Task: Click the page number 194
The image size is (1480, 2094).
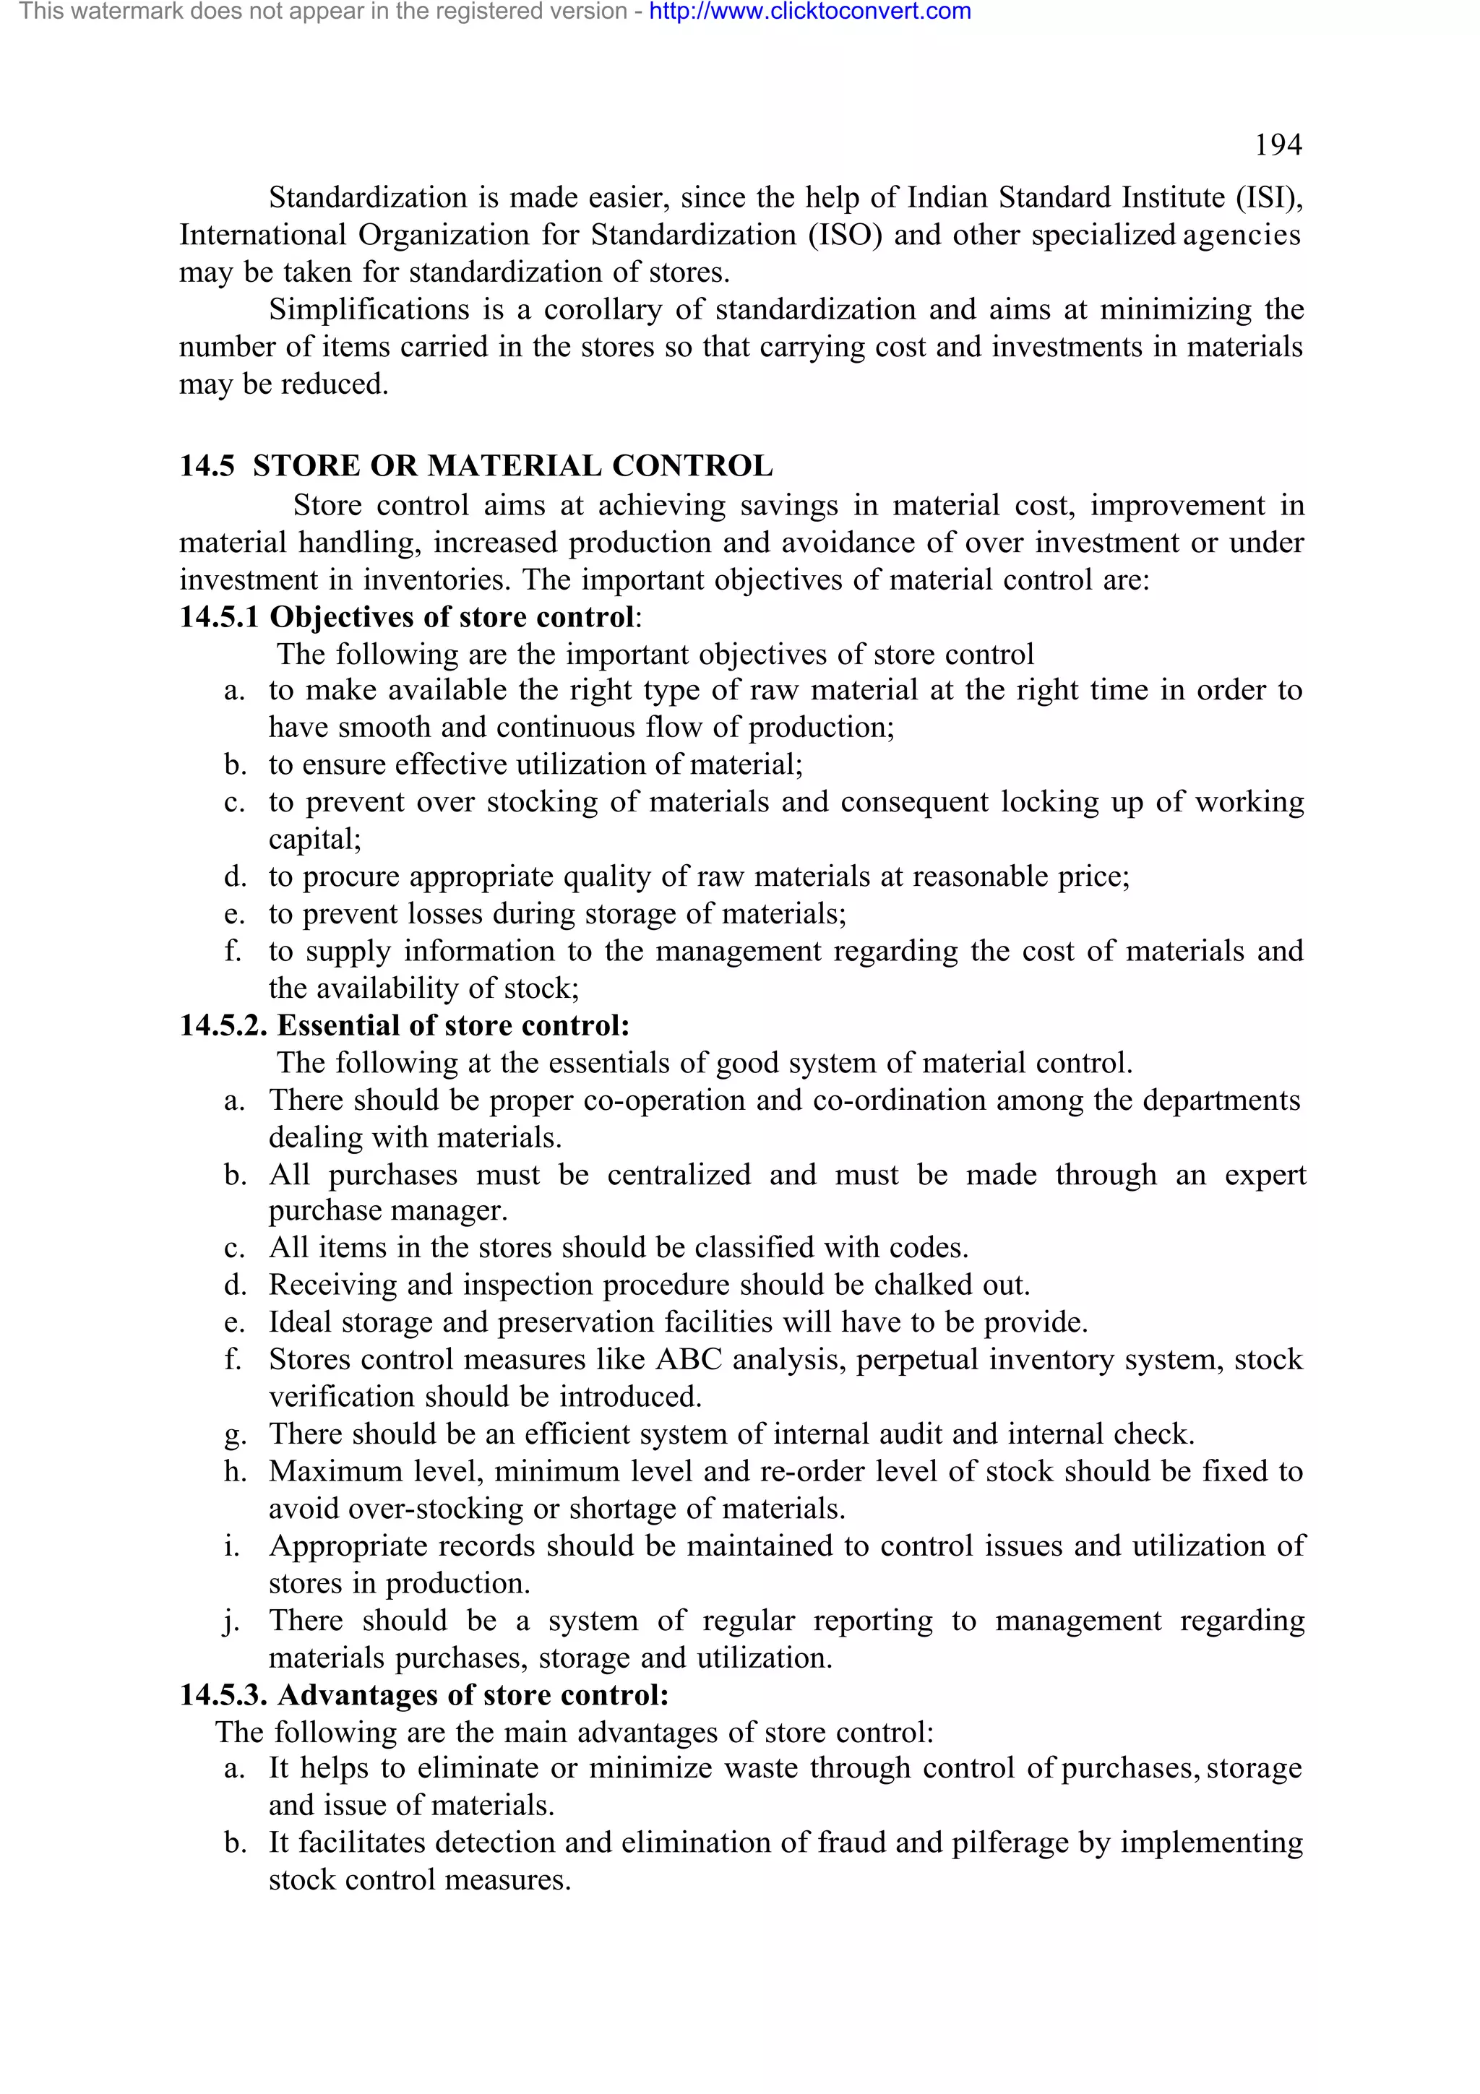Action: click(1278, 145)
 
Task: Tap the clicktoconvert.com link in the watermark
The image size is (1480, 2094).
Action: click(810, 12)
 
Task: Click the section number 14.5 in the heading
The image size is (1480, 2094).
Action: click(206, 465)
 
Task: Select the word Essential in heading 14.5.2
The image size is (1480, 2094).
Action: click(338, 1025)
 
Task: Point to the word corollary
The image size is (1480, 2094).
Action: click(603, 309)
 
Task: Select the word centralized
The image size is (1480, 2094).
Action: click(679, 1175)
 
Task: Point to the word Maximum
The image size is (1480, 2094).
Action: click(335, 1471)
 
